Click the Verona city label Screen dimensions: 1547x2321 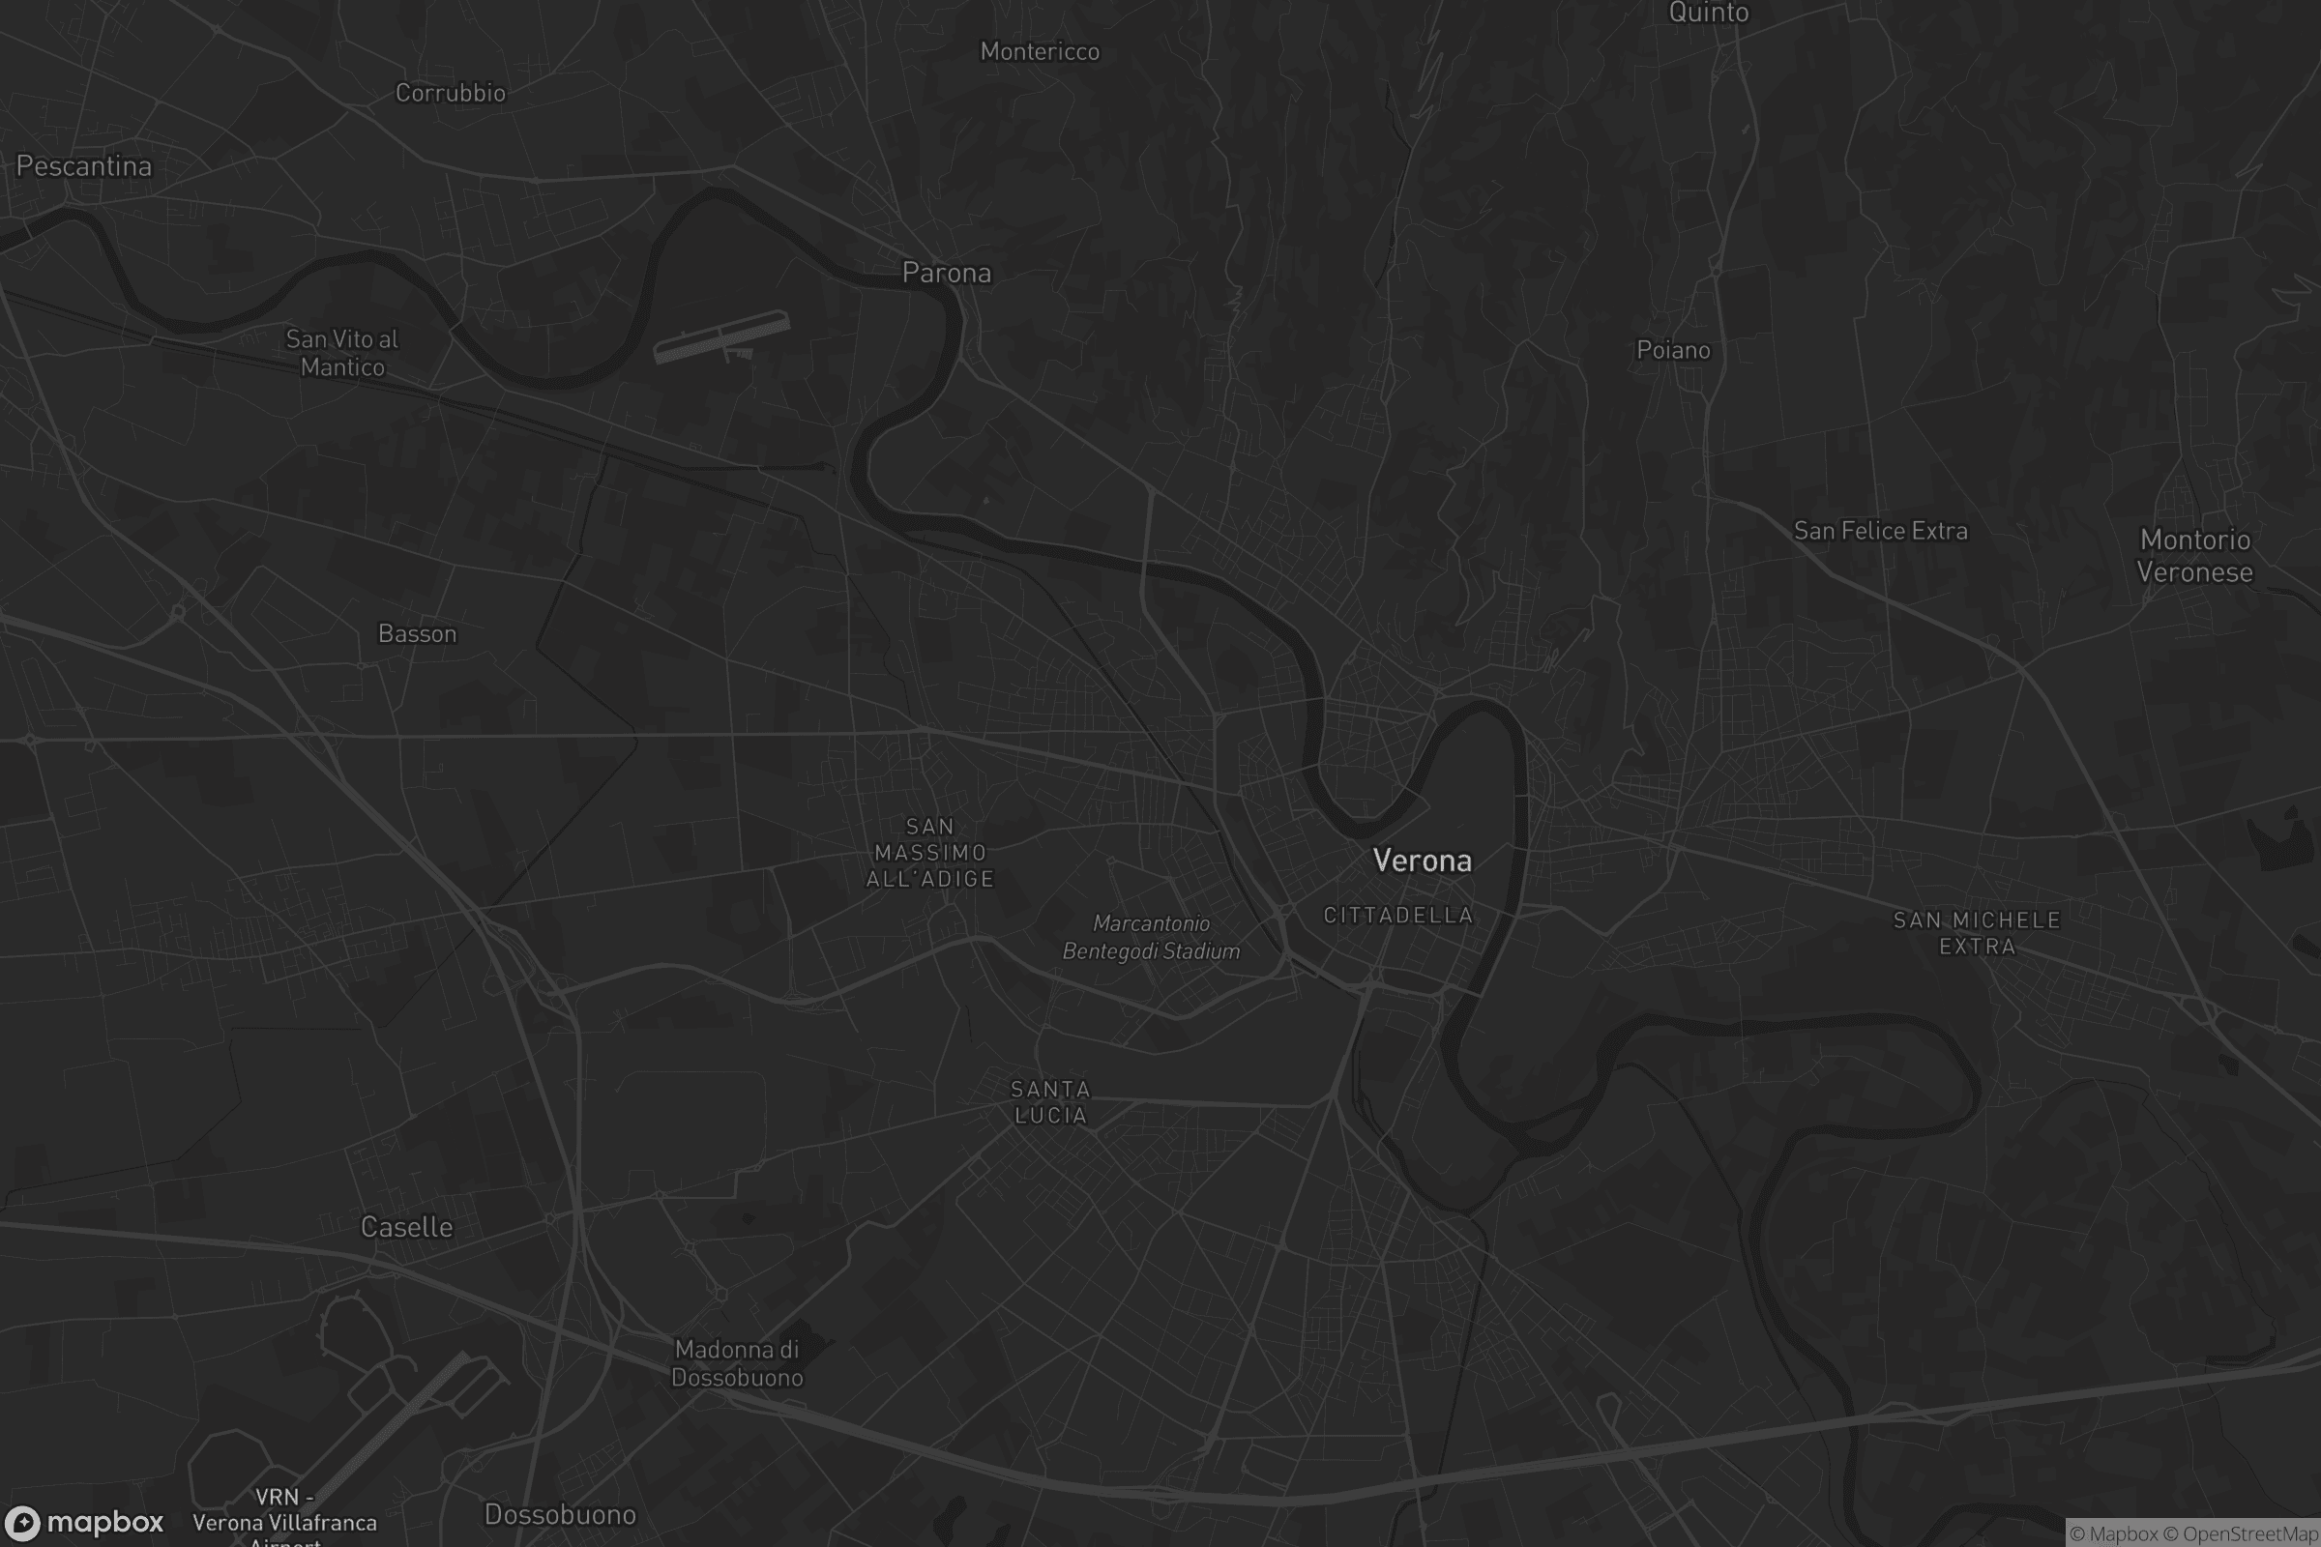[1422, 861]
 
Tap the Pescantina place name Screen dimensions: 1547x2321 [84, 165]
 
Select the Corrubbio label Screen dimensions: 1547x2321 [450, 93]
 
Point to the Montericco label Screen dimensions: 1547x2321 [1039, 51]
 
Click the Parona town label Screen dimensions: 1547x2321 [947, 273]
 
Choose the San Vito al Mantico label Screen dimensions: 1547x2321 [342, 353]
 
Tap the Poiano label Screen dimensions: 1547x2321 [1673, 350]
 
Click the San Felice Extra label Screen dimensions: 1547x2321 [1880, 531]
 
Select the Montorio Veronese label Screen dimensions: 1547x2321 [2194, 555]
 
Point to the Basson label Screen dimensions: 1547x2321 [418, 633]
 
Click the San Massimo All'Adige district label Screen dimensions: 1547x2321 [930, 853]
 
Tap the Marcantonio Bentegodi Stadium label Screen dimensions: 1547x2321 [1151, 937]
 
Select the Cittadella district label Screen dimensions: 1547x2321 [1398, 916]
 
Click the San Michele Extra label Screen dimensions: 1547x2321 [1977, 933]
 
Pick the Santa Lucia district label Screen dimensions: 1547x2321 [1050, 1102]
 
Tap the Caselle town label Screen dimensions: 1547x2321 [406, 1227]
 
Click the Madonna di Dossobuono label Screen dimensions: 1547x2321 [737, 1363]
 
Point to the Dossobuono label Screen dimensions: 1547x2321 [560, 1514]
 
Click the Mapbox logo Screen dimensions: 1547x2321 [83, 1522]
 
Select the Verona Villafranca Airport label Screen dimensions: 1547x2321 [284, 1520]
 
